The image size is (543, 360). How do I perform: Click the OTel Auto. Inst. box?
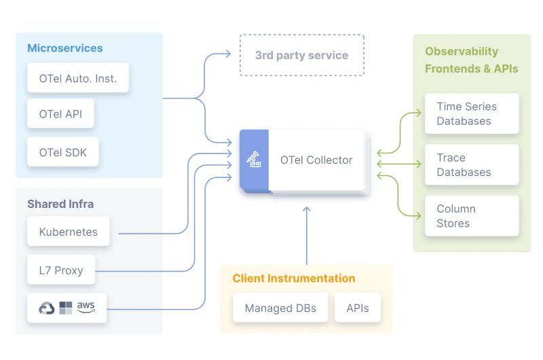(78, 78)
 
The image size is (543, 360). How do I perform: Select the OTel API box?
(60, 113)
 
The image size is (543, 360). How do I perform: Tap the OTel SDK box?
(63, 152)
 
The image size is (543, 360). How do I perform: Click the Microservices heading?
(65, 48)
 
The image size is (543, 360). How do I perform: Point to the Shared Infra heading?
(60, 204)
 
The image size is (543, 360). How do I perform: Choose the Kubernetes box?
(68, 232)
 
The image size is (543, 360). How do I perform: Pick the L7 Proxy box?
(61, 270)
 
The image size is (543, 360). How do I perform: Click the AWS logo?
(86, 307)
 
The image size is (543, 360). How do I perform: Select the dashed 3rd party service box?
(301, 55)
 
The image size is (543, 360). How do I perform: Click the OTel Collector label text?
(316, 160)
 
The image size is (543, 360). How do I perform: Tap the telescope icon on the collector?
(254, 160)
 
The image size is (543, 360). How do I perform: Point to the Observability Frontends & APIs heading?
(471, 60)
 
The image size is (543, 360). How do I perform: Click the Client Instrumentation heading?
(293, 278)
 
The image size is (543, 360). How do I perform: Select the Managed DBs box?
(280, 308)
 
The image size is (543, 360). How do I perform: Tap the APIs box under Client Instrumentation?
(358, 308)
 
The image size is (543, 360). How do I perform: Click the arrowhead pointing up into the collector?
(306, 210)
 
